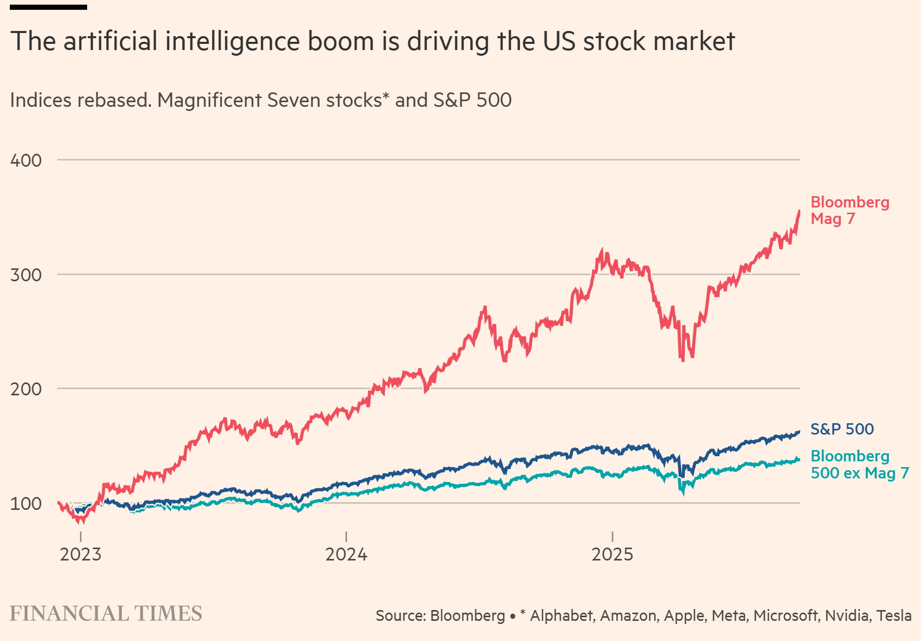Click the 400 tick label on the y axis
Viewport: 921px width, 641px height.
26,161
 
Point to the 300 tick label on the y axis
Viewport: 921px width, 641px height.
26,275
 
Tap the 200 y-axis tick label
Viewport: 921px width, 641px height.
26,389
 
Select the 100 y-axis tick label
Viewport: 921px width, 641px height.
26,504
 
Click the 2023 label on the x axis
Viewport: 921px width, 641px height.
80,555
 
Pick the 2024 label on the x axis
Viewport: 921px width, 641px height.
346,555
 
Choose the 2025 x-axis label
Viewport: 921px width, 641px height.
612,555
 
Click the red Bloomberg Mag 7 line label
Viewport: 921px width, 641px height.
850,210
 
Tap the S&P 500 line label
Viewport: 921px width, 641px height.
842,429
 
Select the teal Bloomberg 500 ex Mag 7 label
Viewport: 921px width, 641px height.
859,464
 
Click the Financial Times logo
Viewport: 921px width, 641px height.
106,614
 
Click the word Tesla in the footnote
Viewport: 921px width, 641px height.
894,616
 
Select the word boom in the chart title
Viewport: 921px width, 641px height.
341,41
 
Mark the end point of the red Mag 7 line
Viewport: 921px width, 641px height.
799,211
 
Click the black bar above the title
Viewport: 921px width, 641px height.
48,7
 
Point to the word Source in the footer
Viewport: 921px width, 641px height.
400,616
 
